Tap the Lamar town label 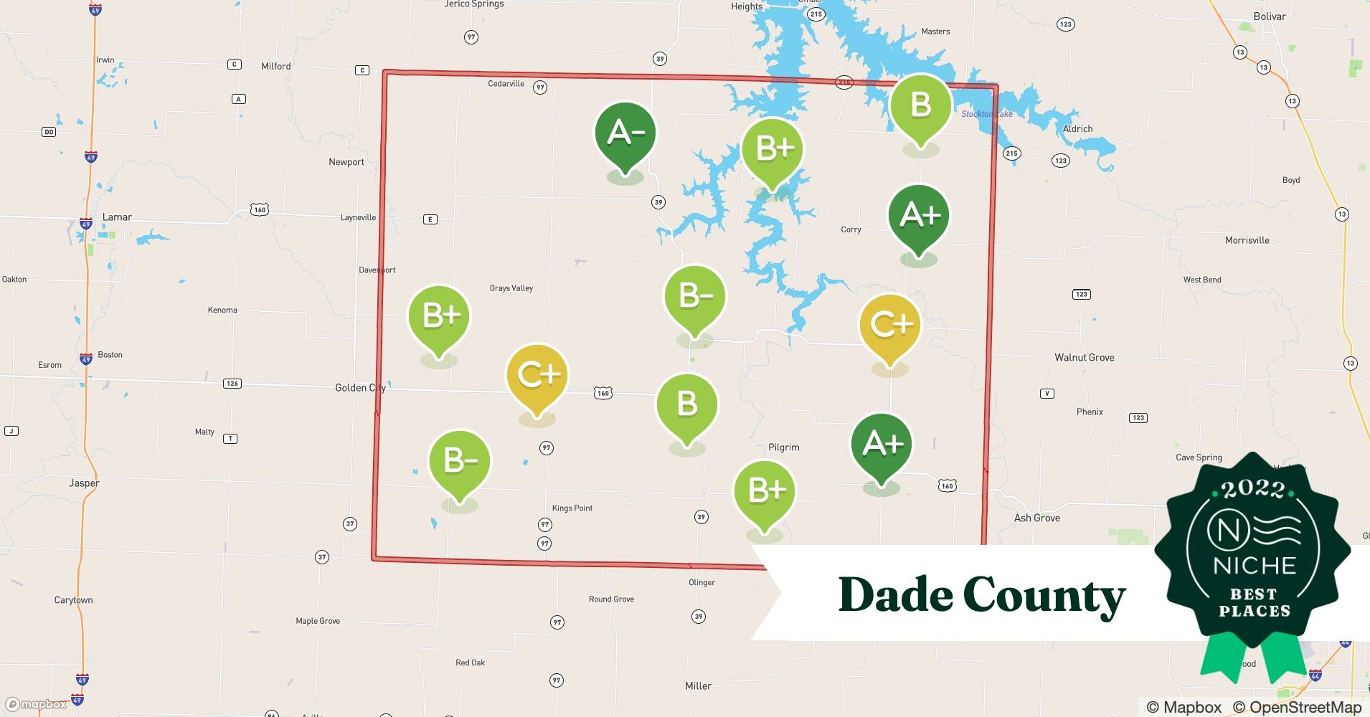(117, 217)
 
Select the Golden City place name (360, 388)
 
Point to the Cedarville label (506, 84)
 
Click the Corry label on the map (851, 230)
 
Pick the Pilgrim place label (783, 447)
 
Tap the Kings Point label (572, 508)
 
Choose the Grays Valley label (511, 288)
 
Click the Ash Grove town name (1036, 518)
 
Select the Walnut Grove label (1084, 358)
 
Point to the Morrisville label (1247, 241)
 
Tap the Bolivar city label (1270, 16)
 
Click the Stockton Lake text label (986, 114)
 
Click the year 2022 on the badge (1254, 489)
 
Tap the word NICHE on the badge (1255, 566)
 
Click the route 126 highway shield (232, 384)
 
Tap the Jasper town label (84, 483)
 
